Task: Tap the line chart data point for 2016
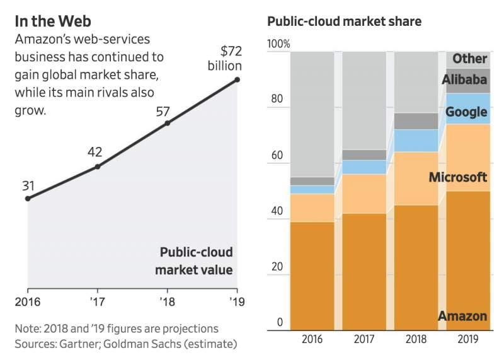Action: (27, 199)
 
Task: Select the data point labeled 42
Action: (97, 166)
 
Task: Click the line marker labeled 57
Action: (168, 123)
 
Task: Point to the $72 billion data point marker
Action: (238, 79)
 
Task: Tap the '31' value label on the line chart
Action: (28, 186)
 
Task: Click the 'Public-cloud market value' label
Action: (196, 261)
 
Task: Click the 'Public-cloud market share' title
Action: (345, 21)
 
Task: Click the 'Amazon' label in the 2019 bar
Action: (462, 316)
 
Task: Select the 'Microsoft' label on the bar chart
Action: (458, 177)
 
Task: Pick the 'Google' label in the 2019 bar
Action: (466, 112)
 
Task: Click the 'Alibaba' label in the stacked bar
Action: (464, 79)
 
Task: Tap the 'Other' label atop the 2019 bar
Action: (470, 59)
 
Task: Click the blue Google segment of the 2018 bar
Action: (416, 141)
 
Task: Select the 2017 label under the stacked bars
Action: (364, 339)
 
